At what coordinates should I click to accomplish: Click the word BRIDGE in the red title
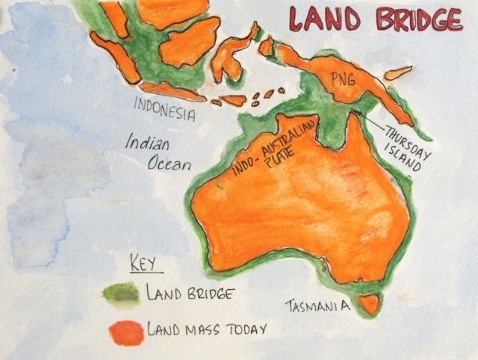[x=418, y=19]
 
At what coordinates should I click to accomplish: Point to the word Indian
[x=150, y=143]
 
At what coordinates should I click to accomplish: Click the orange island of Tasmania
[x=367, y=302]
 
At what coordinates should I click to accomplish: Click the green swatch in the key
[x=122, y=295]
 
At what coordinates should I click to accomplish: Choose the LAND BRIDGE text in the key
[x=190, y=293]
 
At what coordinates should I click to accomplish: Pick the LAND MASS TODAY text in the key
[x=206, y=328]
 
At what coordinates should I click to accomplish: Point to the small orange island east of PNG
[x=398, y=72]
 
